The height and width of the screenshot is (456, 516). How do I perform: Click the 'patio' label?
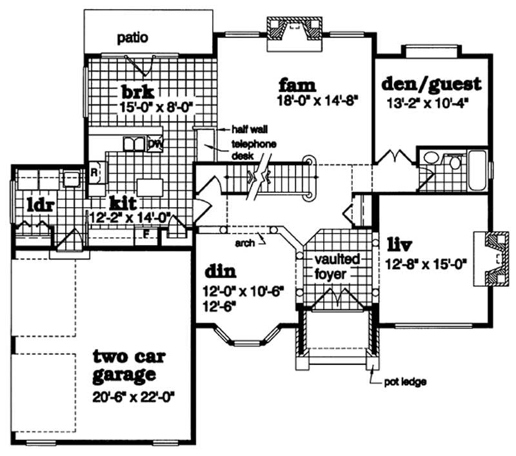(x=133, y=38)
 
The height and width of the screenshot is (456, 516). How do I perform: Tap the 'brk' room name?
(x=140, y=91)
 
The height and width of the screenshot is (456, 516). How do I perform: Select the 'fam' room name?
(x=297, y=84)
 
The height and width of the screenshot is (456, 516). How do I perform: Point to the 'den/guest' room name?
(x=431, y=84)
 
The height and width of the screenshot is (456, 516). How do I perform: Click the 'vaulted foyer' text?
(x=334, y=266)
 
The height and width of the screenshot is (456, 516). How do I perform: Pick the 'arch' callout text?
(x=244, y=244)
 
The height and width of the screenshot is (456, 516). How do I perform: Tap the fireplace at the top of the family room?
(x=295, y=32)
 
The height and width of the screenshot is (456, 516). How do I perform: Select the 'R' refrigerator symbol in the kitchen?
(x=93, y=173)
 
